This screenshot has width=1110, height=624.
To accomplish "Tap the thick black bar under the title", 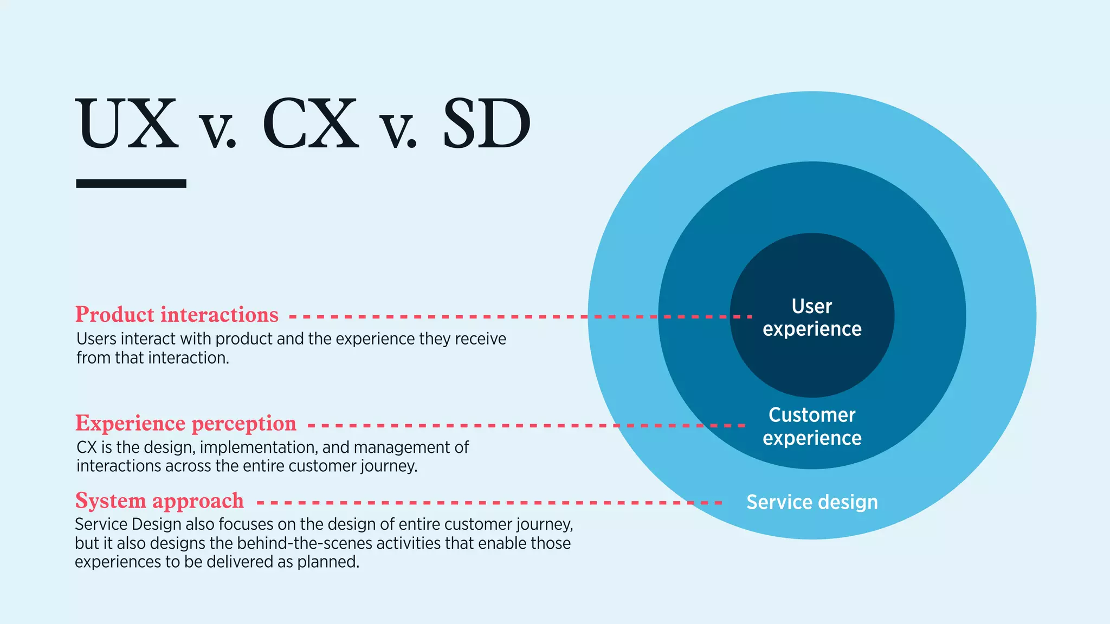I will coord(131,184).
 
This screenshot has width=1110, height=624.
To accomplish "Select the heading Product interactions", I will coord(177,315).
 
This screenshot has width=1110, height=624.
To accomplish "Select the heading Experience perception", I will coord(186,423).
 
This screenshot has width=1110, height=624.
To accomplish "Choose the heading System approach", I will coord(159,500).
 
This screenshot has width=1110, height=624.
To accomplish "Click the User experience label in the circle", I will coord(812,317).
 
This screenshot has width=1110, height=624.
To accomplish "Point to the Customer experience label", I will coord(812,426).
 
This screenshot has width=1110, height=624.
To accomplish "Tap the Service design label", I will coord(812,502).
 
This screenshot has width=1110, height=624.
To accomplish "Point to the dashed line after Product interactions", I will coord(520,316).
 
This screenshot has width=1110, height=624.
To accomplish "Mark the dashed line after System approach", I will coord(488,503).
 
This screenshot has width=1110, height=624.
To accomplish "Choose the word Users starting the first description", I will coord(96,339).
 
